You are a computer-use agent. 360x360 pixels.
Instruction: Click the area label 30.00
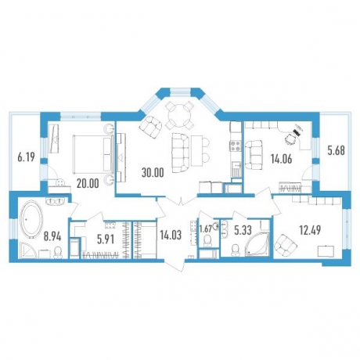(x=153, y=172)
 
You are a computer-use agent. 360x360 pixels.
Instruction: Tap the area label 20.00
(x=88, y=184)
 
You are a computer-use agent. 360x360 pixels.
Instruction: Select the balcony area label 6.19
(x=27, y=157)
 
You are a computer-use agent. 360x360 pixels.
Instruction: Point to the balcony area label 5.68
(x=337, y=150)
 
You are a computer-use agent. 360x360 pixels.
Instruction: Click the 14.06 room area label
(x=281, y=159)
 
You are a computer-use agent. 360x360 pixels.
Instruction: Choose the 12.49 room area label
(x=310, y=230)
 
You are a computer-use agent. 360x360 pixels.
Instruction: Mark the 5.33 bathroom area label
(x=243, y=230)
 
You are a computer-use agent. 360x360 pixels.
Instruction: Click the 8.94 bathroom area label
(x=52, y=237)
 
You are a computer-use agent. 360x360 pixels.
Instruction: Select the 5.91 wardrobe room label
(x=106, y=239)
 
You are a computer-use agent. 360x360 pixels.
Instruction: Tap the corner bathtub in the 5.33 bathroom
(x=257, y=241)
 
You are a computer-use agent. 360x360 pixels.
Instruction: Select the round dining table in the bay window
(x=180, y=114)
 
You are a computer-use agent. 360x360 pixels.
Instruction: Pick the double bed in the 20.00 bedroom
(x=93, y=154)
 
